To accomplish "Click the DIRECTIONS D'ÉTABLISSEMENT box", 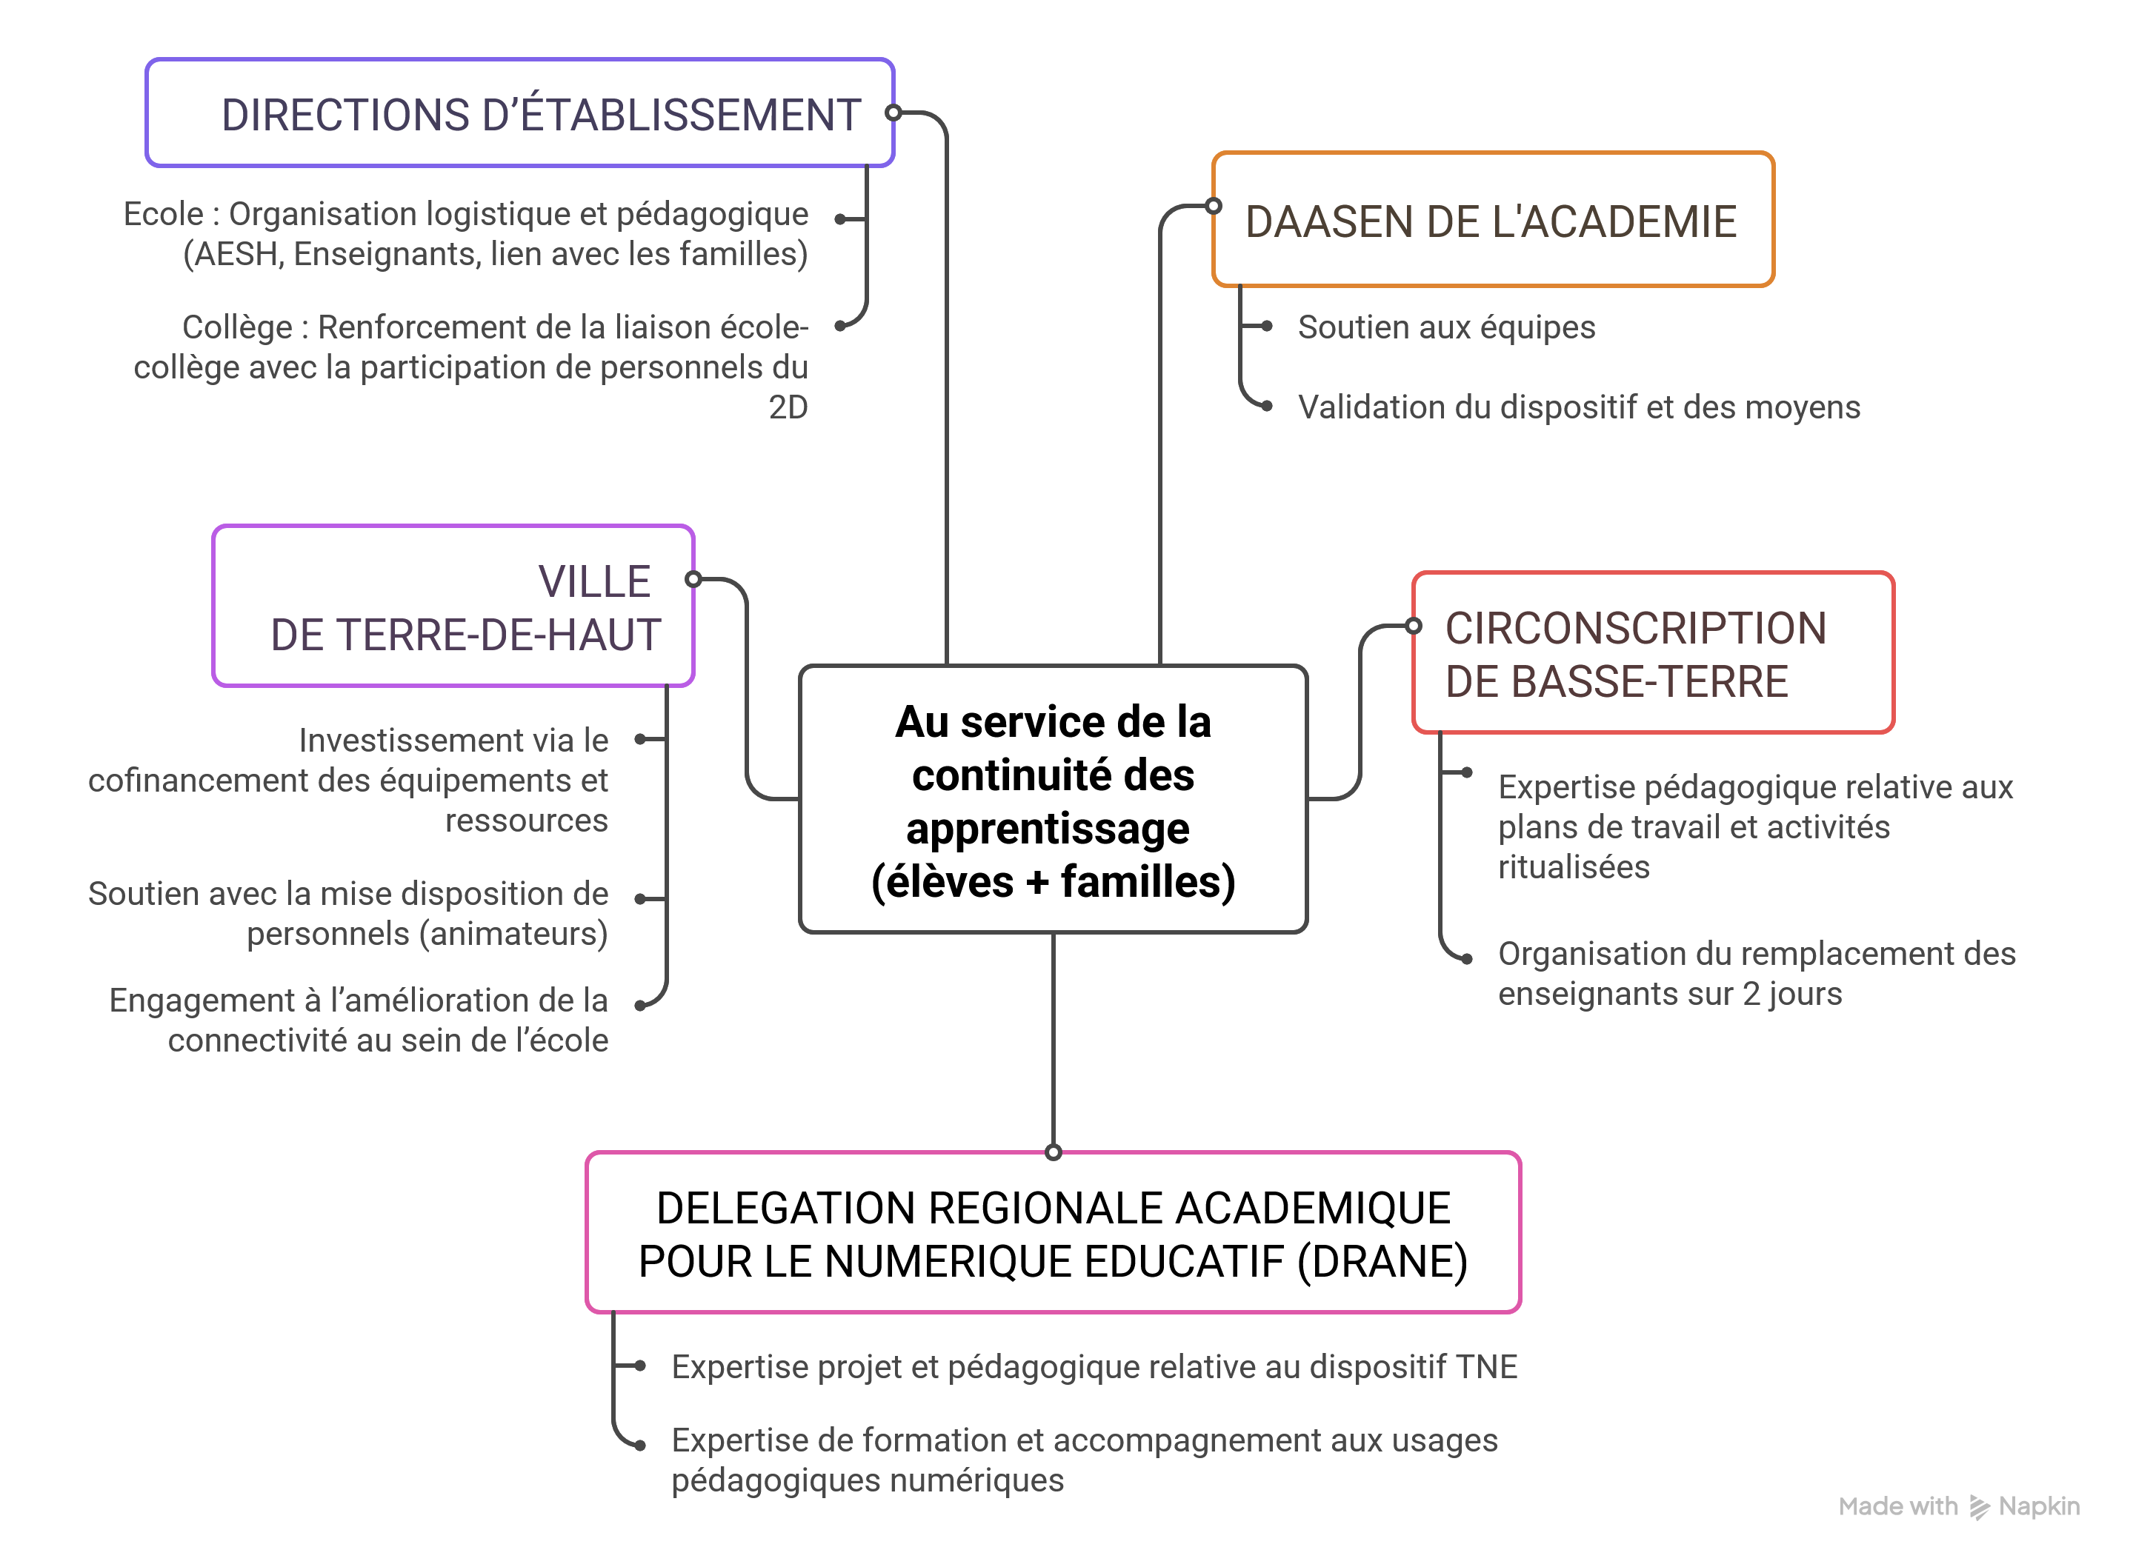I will click(x=520, y=114).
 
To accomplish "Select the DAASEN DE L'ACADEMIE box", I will click(x=1493, y=220).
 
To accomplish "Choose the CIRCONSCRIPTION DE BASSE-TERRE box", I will click(x=1652, y=654).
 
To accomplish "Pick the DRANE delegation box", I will click(x=1054, y=1233).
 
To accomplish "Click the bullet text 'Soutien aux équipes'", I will click(x=1446, y=327).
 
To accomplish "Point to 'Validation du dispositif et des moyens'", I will click(x=1579, y=407).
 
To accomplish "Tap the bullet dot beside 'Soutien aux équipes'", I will click(x=1267, y=327).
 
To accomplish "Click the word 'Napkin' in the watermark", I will click(x=2038, y=1506).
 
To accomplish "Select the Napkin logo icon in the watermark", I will click(x=1980, y=1507).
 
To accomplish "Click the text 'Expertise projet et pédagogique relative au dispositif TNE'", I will click(x=1094, y=1367).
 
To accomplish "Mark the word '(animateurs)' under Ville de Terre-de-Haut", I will click(x=513, y=935).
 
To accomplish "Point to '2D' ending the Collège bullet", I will click(x=788, y=408).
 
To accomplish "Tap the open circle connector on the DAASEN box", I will click(x=1214, y=206).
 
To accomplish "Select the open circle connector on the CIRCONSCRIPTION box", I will click(x=1414, y=626).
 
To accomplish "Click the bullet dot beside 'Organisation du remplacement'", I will click(x=1467, y=959).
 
